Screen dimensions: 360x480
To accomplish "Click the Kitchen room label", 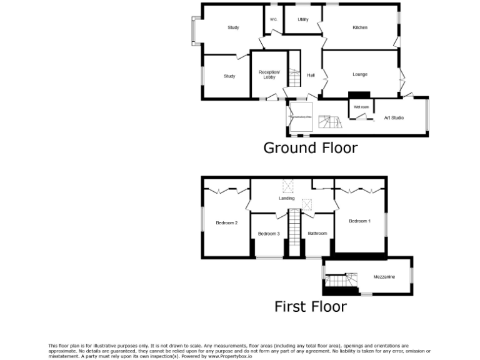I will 360,27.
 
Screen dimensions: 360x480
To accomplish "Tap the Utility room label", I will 303,19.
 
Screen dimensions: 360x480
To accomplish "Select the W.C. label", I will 274,19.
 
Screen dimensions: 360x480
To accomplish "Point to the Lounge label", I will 360,74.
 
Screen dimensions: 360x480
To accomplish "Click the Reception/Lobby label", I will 269,74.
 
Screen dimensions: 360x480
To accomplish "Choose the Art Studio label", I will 394,117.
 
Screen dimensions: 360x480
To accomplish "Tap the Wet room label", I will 361,107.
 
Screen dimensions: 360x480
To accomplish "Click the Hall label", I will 311,75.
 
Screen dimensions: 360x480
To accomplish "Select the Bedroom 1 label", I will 360,221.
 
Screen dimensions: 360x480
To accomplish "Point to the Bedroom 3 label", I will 269,234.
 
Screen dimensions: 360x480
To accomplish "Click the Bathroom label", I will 317,234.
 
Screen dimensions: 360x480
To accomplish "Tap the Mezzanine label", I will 384,277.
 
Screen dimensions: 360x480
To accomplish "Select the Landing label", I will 287,199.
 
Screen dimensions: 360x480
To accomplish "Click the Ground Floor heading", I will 311,148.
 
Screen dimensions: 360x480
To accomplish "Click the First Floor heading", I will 311,307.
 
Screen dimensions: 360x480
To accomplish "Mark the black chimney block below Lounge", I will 359,95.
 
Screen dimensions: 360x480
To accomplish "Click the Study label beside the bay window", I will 234,27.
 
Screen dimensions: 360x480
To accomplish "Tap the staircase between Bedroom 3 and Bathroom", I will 293,231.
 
